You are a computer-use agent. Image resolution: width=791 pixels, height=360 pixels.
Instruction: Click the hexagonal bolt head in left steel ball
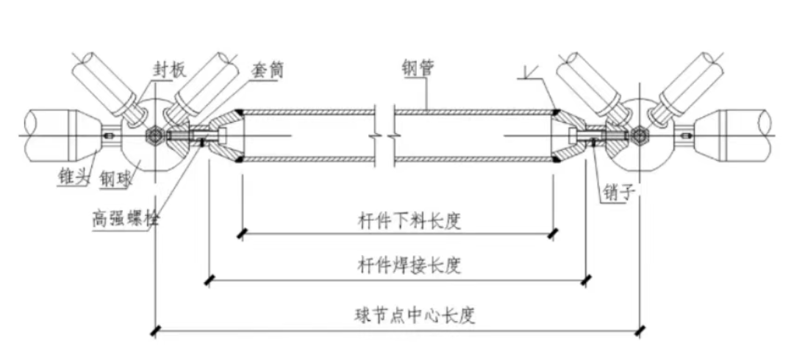(156, 136)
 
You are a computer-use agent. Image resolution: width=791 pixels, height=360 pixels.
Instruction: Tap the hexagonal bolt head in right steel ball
(638, 136)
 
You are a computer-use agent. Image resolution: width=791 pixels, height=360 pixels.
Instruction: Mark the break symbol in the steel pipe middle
(385, 134)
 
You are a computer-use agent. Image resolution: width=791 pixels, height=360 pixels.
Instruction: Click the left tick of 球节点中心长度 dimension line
(156, 331)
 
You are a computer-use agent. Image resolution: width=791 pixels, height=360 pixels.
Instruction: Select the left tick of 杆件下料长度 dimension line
(241, 234)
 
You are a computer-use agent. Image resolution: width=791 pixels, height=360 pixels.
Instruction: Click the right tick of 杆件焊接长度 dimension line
(586, 279)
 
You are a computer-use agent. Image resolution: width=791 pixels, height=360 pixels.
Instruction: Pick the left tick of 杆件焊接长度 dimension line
(210, 279)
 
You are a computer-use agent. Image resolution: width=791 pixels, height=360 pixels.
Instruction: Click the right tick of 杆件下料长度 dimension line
(553, 234)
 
